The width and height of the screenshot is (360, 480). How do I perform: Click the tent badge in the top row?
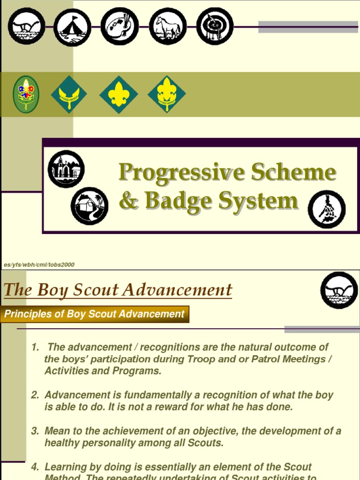coord(72,27)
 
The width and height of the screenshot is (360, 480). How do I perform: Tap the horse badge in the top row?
coord(168,27)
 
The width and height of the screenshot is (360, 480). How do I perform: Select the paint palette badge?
coord(120,27)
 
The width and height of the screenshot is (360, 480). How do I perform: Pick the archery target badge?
coord(215,27)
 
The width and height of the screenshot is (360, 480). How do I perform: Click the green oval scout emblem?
coord(26,94)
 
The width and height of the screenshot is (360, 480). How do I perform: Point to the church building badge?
coord(66,169)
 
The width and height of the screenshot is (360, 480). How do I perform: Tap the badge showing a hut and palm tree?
coord(90,206)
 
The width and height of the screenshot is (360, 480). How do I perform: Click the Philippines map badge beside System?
coord(327,209)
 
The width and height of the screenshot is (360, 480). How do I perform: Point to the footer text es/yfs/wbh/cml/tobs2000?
coord(39,265)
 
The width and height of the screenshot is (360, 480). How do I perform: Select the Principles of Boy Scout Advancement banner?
coord(95,314)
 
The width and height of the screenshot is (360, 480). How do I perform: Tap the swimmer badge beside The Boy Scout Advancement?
coord(339,290)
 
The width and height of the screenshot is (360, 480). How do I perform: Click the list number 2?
coord(35,395)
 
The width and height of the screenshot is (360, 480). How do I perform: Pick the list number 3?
coord(35,431)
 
